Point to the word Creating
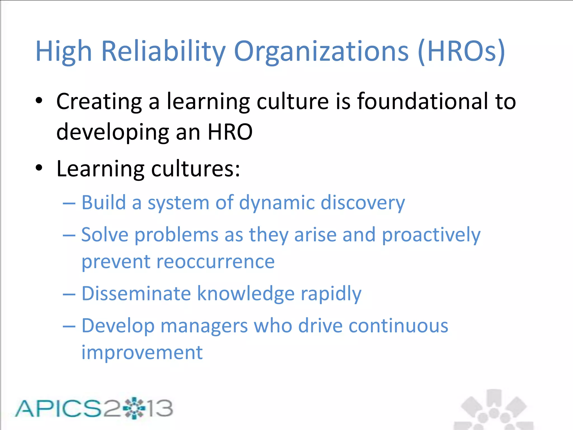tap(99, 102)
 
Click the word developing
tap(113, 132)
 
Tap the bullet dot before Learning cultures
tap(39, 168)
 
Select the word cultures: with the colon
tap(196, 169)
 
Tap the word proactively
tap(431, 235)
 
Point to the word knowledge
tap(246, 294)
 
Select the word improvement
tap(142, 352)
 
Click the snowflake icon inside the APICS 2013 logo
tap(134, 408)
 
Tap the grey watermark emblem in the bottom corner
tap(494, 410)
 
